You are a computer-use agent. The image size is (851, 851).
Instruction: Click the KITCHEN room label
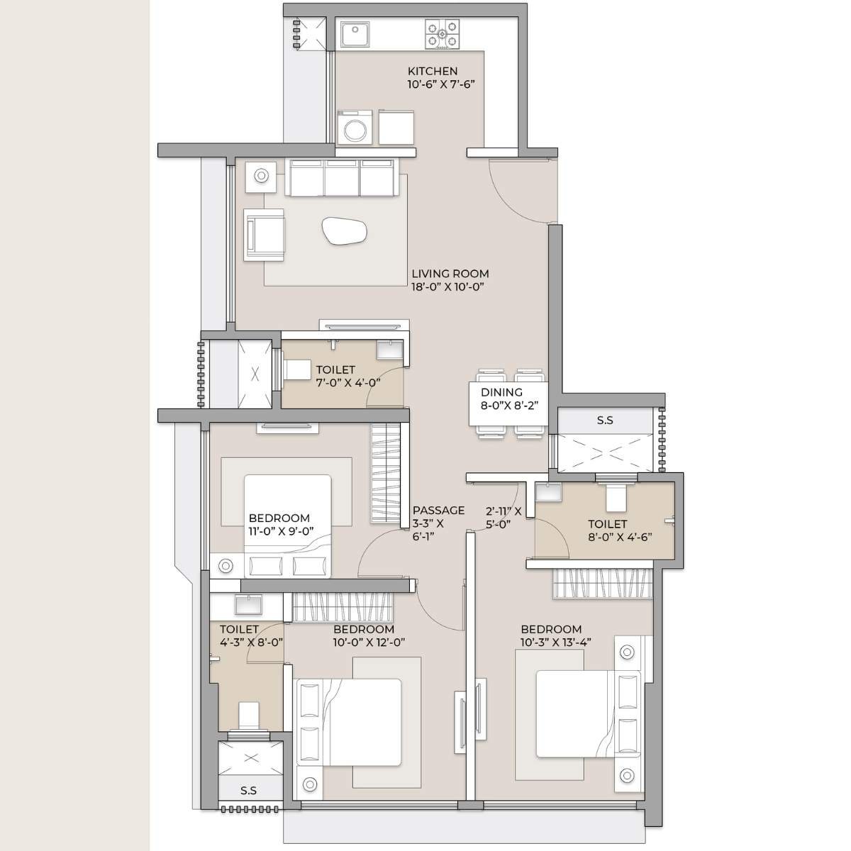(x=433, y=71)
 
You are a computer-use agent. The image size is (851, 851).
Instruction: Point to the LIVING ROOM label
(x=450, y=274)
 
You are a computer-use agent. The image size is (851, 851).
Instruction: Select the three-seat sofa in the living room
(x=342, y=177)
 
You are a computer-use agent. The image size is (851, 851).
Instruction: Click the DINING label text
(x=501, y=392)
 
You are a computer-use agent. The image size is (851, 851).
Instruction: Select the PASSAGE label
(x=438, y=510)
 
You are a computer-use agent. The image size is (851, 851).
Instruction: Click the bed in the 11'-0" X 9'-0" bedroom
(x=288, y=525)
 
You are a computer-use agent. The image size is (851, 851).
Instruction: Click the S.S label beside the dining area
(x=605, y=421)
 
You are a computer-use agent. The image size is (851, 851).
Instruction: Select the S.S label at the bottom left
(x=248, y=790)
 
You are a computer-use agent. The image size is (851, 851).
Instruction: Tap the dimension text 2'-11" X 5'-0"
(x=504, y=517)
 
